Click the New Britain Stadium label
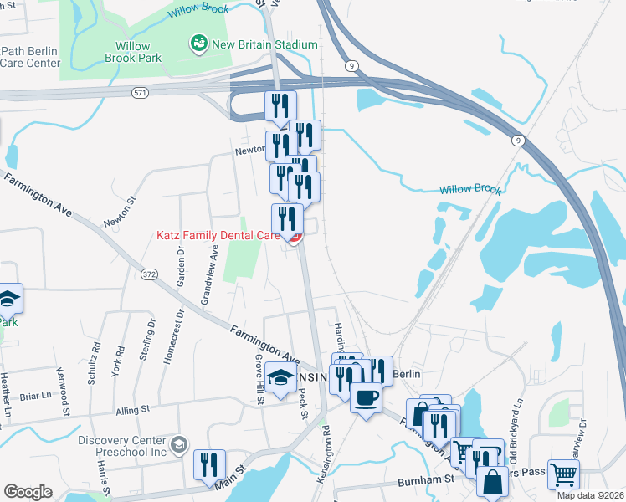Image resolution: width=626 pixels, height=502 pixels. point(264,44)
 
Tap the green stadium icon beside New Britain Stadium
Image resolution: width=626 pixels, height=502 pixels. point(198,44)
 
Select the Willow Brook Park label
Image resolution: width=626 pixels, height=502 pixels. point(127,53)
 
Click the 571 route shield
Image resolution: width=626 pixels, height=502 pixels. point(139,93)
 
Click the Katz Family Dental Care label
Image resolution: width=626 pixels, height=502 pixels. point(218,236)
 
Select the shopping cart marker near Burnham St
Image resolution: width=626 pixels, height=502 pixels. point(564,474)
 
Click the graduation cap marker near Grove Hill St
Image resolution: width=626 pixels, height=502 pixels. point(283,376)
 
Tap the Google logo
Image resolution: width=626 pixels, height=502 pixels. point(28,492)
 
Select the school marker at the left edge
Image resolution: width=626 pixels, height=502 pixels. point(8,298)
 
